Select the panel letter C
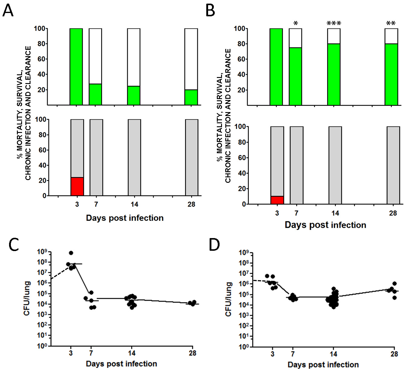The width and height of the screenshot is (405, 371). coord(14,244)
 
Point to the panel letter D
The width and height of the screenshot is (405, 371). coord(214,244)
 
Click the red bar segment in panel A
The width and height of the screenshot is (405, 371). coord(77,186)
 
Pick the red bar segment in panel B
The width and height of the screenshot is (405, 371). coord(277,200)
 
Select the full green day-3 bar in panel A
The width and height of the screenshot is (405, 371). coord(76,67)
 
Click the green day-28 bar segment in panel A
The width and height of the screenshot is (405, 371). coord(191,97)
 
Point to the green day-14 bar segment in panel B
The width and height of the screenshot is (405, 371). coord(334,74)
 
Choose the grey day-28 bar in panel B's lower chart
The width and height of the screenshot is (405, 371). coord(393,165)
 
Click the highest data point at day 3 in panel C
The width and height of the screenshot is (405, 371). coord(71,253)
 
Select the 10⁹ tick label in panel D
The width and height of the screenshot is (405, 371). coord(244,253)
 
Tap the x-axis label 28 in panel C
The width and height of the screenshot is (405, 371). coord(192,353)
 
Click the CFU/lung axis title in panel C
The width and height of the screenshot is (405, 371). coord(27,298)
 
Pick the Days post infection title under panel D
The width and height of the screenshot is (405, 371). coord(323,365)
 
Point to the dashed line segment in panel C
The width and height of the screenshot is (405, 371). coord(60,273)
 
